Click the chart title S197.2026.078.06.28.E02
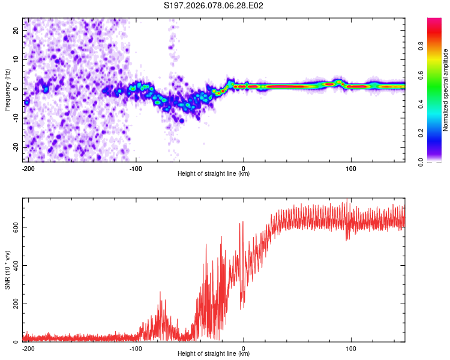click(214, 5)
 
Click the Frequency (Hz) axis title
click(7, 89)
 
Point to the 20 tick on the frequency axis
click(17, 30)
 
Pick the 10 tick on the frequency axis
click(17, 59)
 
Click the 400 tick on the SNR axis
click(16, 265)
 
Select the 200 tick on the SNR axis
click(16, 304)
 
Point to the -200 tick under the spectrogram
click(28, 167)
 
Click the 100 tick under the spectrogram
click(351, 167)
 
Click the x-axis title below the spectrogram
click(214, 174)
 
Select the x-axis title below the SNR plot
click(214, 354)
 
